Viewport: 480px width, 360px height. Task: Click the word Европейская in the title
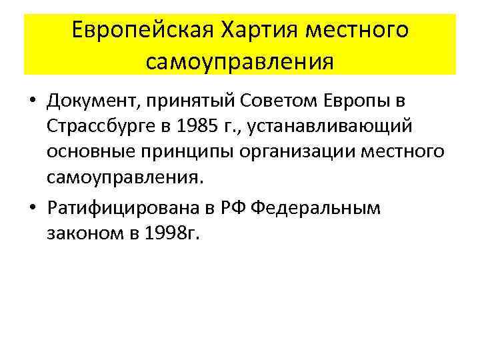click(137, 31)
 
